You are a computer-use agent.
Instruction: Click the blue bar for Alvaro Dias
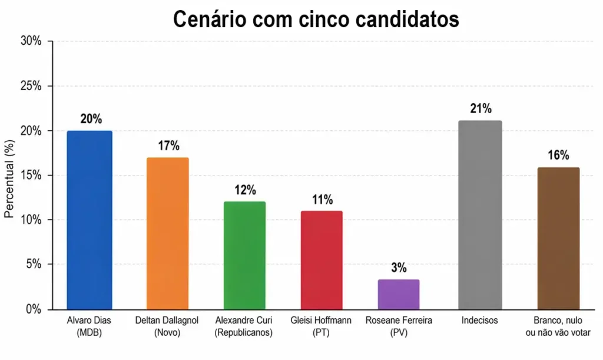(x=90, y=220)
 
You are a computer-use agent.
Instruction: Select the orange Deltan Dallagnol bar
(x=167, y=233)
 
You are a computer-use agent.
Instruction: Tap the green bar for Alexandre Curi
(x=244, y=255)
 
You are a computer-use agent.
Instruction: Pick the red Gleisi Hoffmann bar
(x=322, y=260)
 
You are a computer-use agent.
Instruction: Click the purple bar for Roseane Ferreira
(x=399, y=295)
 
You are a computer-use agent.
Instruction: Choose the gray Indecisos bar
(x=480, y=215)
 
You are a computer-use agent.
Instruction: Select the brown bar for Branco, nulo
(x=558, y=238)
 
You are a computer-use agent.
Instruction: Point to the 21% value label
(x=480, y=109)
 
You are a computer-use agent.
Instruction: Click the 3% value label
(x=399, y=268)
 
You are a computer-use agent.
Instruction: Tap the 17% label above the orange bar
(x=168, y=146)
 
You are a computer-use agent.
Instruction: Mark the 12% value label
(x=244, y=190)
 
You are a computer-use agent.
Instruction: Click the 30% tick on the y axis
(x=31, y=41)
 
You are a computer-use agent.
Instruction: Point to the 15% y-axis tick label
(x=31, y=176)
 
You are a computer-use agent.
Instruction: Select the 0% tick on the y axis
(x=33, y=309)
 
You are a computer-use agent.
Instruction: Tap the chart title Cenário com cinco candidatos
(x=316, y=19)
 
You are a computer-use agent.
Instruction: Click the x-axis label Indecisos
(x=480, y=321)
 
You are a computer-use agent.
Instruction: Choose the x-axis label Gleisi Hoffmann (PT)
(x=322, y=326)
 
